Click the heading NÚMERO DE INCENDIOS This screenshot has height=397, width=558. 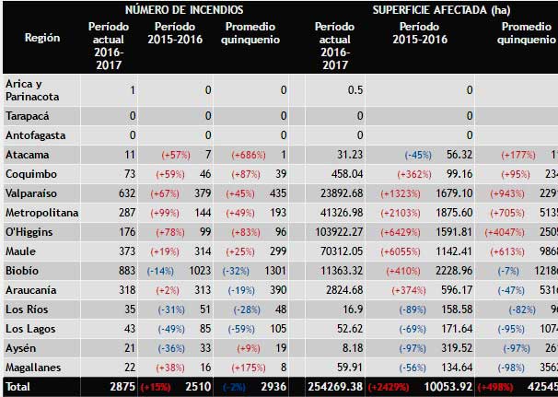pos(192,10)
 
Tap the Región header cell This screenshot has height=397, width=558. pos(41,40)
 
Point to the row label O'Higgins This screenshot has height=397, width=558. pos(29,231)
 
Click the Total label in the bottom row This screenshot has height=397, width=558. pos(19,387)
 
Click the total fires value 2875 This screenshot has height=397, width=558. pos(122,387)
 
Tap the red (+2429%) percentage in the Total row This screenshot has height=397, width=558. pos(392,387)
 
